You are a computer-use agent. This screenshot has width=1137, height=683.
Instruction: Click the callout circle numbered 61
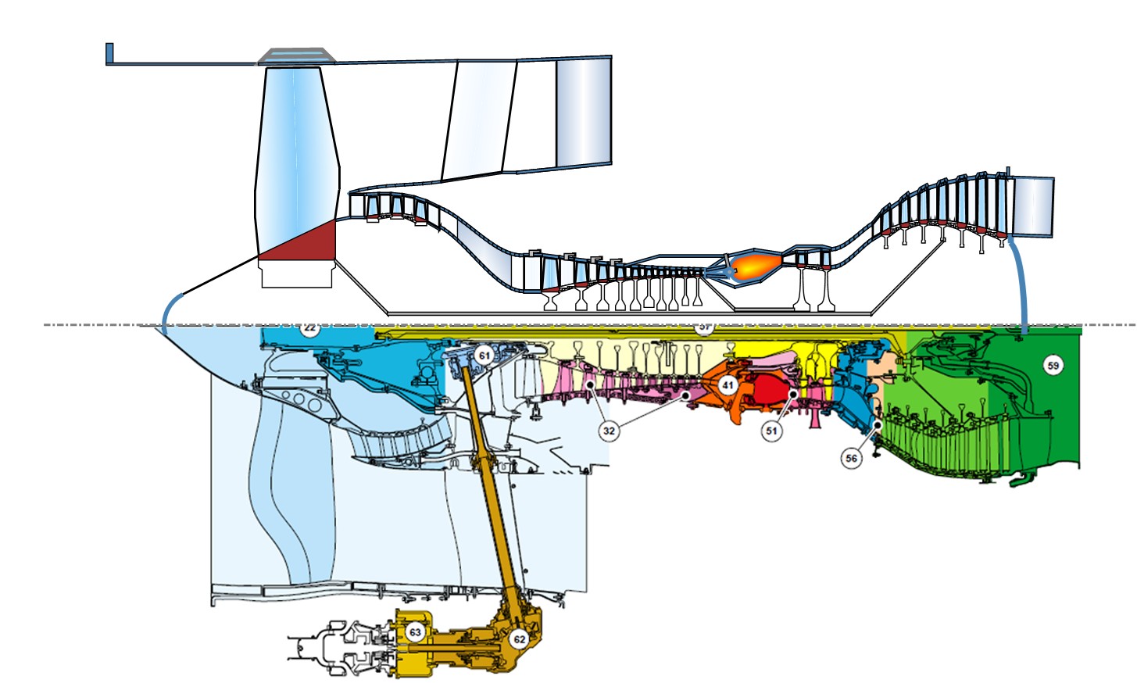click(x=484, y=356)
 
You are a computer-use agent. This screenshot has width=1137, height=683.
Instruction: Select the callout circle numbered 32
click(x=609, y=431)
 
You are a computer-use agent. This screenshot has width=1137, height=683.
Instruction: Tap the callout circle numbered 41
click(x=728, y=385)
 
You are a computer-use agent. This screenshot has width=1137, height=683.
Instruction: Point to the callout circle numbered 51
click(x=771, y=431)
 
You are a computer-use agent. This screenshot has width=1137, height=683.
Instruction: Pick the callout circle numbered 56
click(x=851, y=459)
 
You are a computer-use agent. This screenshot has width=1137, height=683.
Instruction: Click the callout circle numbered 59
click(x=1053, y=365)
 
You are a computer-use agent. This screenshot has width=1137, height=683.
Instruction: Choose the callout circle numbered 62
click(x=519, y=639)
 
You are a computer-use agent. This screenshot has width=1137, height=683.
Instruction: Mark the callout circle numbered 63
click(x=415, y=632)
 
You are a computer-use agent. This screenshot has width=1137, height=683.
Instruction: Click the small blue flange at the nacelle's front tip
click(x=109, y=52)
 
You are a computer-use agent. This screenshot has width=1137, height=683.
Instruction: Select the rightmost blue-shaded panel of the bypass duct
click(x=583, y=112)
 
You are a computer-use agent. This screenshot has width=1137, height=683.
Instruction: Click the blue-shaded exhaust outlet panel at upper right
click(x=1032, y=206)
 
